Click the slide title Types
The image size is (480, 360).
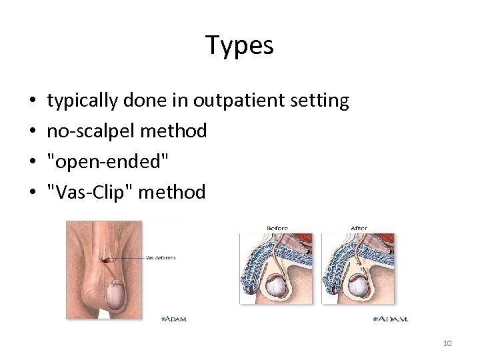[x=239, y=45]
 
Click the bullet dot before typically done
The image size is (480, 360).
[x=33, y=101]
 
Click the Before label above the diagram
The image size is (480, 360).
[x=277, y=228]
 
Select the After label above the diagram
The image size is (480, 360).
[x=359, y=228]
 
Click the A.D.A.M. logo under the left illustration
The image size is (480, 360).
[x=174, y=319]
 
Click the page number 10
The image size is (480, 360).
[x=447, y=343]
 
